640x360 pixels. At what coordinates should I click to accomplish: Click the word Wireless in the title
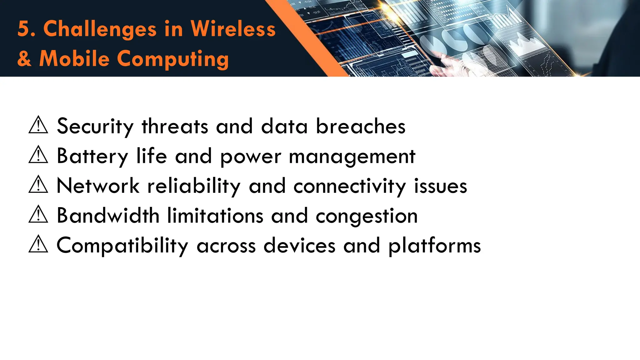pyautogui.click(x=233, y=29)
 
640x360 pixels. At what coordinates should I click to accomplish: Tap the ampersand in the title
pyautogui.click(x=24, y=58)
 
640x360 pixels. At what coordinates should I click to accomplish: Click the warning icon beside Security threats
pyautogui.click(x=38, y=125)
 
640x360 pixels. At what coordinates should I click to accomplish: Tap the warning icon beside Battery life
pyautogui.click(x=38, y=155)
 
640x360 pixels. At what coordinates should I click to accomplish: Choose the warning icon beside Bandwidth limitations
pyautogui.click(x=38, y=215)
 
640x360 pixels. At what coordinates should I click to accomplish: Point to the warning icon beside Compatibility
pyautogui.click(x=38, y=244)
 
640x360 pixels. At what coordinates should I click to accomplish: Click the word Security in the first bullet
pyautogui.click(x=95, y=127)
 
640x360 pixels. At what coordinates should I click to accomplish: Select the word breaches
pyautogui.click(x=361, y=126)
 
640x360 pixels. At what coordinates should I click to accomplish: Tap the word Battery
pyautogui.click(x=92, y=156)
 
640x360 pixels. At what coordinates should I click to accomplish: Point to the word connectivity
pyautogui.click(x=350, y=186)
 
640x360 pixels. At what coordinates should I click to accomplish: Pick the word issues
pyautogui.click(x=441, y=186)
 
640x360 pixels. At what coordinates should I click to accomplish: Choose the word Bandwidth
pyautogui.click(x=108, y=216)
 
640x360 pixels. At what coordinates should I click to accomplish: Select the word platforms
pyautogui.click(x=435, y=246)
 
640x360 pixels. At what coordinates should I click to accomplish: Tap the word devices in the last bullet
pyautogui.click(x=299, y=245)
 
